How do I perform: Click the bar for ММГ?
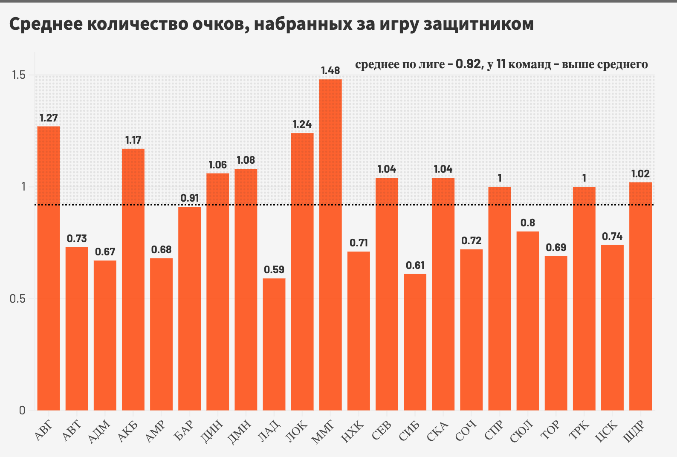pyautogui.click(x=330, y=245)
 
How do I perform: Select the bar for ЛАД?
pyautogui.click(x=274, y=344)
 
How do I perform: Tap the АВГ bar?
pyautogui.click(x=49, y=268)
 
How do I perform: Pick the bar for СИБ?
pyautogui.click(x=415, y=342)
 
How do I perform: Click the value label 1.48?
pyautogui.click(x=330, y=71)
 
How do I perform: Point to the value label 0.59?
pyautogui.click(x=274, y=270)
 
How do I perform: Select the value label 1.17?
pyautogui.click(x=133, y=140)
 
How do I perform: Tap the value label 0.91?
pyautogui.click(x=190, y=198)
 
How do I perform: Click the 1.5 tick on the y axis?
pyautogui.click(x=18, y=75)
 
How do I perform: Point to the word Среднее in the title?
pyautogui.click(x=45, y=24)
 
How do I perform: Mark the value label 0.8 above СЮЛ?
pyautogui.click(x=528, y=223)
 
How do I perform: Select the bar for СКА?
pyautogui.click(x=443, y=294)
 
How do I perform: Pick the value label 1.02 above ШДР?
pyautogui.click(x=640, y=174)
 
